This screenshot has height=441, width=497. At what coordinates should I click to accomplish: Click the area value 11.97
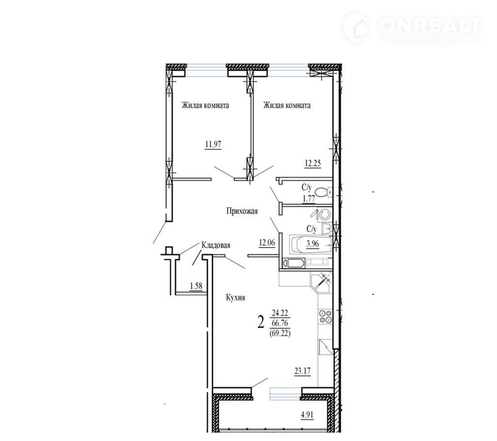(213, 145)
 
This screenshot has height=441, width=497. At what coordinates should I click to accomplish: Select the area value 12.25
(313, 164)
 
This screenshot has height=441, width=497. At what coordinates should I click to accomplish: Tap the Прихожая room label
(242, 211)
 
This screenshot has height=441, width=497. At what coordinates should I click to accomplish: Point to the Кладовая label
(216, 245)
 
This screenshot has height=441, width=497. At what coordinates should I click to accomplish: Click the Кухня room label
(235, 298)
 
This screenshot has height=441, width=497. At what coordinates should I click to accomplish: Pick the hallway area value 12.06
(267, 243)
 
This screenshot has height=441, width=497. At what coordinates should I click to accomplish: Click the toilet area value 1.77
(309, 199)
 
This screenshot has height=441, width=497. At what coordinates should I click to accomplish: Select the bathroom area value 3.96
(312, 244)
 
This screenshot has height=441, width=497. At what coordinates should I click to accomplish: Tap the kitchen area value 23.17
(302, 371)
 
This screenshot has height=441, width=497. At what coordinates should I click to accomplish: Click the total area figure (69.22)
(280, 333)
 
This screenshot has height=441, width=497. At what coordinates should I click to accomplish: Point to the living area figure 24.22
(280, 313)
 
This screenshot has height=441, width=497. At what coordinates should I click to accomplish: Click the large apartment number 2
(261, 323)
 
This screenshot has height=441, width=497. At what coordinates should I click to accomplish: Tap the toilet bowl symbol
(323, 192)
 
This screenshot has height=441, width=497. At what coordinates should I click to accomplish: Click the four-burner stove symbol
(326, 316)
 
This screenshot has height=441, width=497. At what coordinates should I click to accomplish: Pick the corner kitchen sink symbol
(321, 283)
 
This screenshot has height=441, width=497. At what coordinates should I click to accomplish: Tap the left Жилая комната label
(205, 105)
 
